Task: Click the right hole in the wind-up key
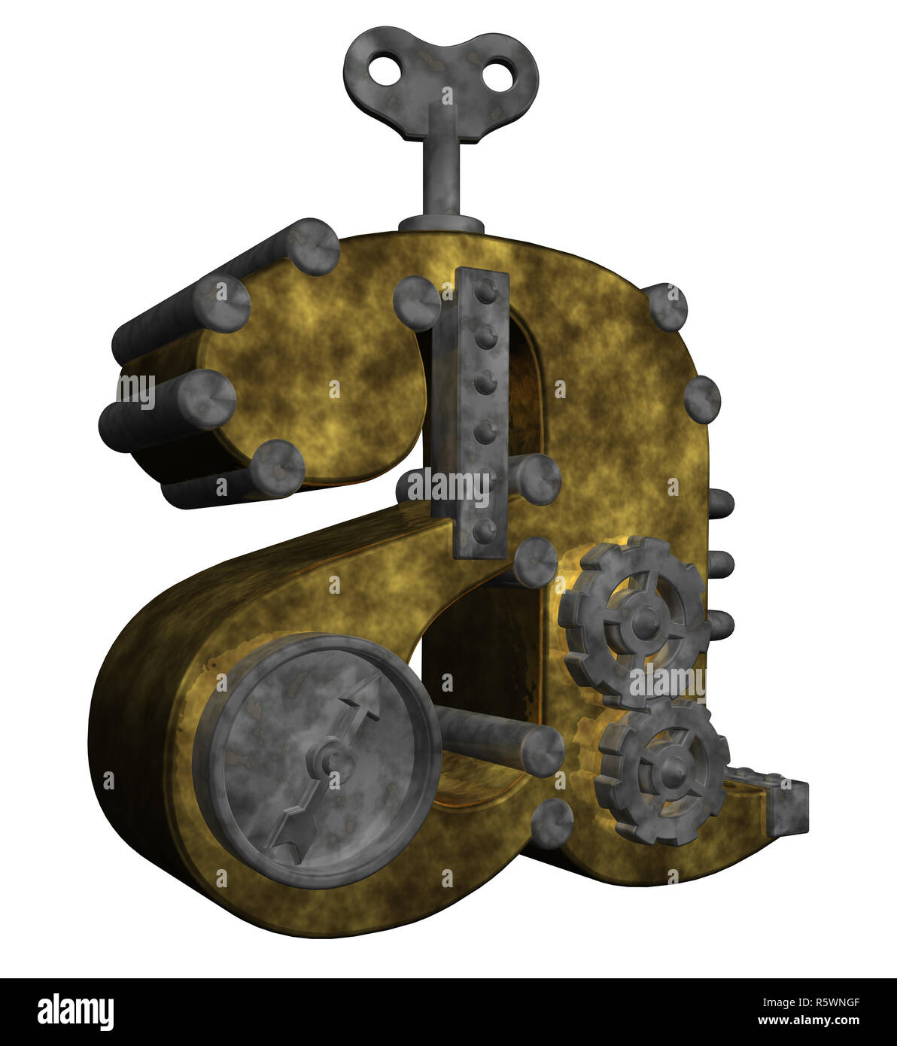pos(497,76)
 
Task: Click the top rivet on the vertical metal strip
pos(485,290)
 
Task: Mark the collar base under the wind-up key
pos(441,224)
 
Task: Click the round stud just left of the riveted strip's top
pos(416,303)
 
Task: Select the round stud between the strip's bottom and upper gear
pos(535,561)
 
